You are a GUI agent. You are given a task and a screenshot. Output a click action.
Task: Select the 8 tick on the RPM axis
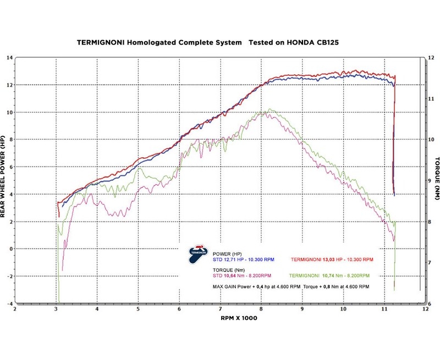tap(262, 309)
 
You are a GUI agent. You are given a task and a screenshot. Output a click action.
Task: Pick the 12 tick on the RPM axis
tap(425, 309)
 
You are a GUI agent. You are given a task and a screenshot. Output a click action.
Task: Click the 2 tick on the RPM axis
tap(15, 309)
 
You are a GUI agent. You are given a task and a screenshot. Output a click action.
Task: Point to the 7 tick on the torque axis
tap(431, 263)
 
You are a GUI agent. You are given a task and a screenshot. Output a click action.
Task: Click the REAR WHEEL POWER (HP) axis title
tap(4, 177)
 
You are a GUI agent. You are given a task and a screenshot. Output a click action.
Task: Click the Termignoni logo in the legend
tap(196, 253)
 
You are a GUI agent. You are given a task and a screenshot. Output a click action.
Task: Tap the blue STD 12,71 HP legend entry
tap(243, 258)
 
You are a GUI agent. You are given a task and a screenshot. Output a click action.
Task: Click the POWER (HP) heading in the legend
tap(227, 252)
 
